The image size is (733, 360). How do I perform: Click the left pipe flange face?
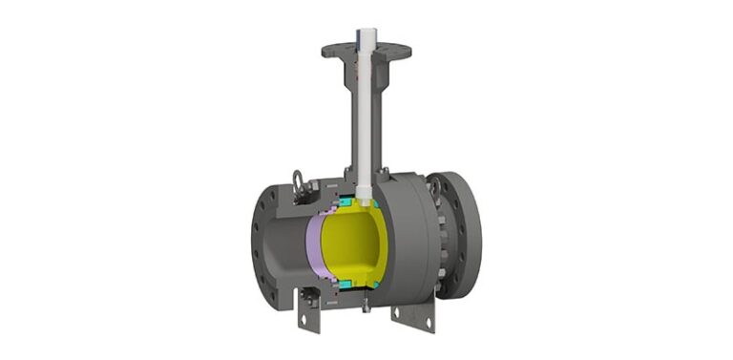pos(266,244)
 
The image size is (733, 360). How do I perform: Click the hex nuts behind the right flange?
pos(441,239)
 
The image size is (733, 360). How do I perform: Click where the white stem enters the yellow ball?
pos(366,196)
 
